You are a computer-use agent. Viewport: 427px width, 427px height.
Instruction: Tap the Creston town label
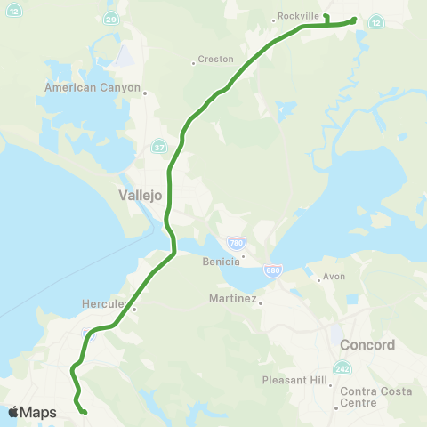click(x=216, y=60)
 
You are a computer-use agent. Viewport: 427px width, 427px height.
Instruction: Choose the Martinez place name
click(x=233, y=298)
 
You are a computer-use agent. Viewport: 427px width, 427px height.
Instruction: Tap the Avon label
click(x=334, y=276)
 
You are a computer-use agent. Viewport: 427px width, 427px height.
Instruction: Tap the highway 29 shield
click(x=109, y=18)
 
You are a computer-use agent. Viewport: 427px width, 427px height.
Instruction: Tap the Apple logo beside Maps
click(x=13, y=412)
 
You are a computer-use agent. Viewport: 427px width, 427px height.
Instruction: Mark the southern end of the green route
click(x=84, y=412)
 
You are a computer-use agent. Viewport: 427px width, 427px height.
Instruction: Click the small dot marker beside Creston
click(x=193, y=63)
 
